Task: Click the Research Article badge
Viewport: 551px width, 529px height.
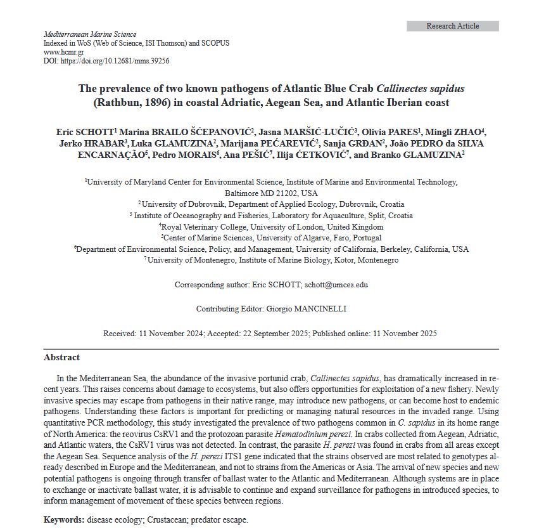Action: tap(452, 26)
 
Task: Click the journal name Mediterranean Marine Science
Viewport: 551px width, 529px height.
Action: tap(90, 34)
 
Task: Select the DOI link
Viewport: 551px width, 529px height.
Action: tap(115, 61)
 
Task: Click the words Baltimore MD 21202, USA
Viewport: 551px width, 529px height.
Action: tap(271, 193)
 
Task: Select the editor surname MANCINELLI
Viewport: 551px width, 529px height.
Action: tap(320, 309)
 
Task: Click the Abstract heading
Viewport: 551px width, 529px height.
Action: tap(61, 357)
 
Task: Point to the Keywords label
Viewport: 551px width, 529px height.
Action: tap(63, 519)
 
